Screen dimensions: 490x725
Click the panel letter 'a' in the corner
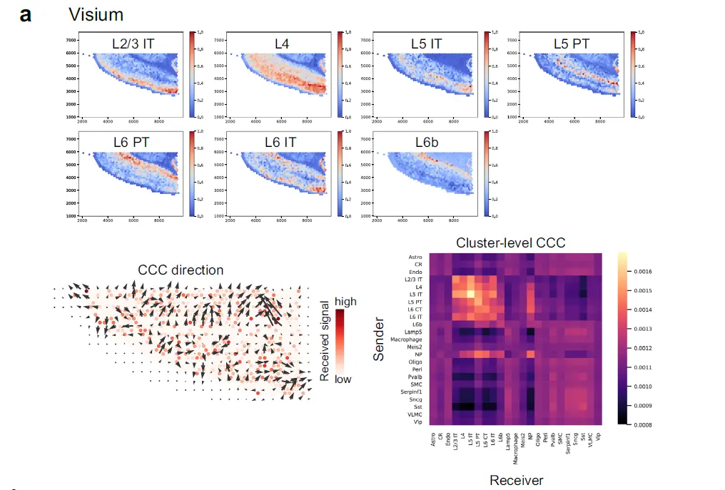26,14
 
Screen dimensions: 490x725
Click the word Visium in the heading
96,14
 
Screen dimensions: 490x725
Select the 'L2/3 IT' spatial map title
133,44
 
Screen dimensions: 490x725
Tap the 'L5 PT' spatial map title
572,44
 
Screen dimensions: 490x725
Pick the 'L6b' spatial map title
426,142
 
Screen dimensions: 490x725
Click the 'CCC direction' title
181,270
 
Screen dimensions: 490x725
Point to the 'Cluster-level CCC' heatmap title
511,243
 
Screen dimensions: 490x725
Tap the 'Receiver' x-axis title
516,480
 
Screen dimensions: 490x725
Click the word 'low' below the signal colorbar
343,379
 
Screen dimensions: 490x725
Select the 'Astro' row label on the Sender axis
415,257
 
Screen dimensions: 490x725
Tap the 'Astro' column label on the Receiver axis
432,440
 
